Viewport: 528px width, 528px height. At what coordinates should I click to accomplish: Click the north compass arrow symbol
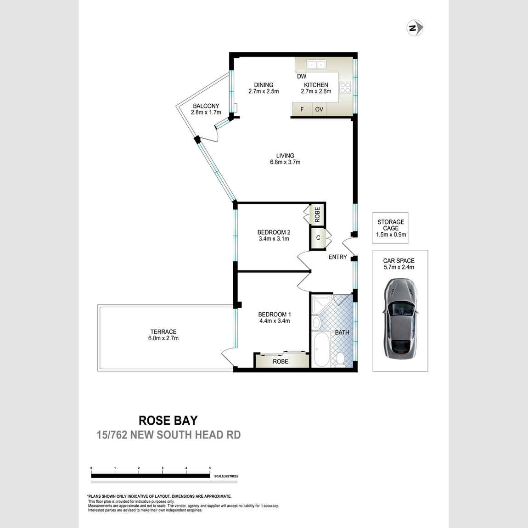click(x=415, y=28)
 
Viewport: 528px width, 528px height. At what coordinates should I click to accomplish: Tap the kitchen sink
click(x=316, y=65)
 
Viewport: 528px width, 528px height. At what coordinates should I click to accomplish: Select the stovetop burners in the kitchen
click(x=345, y=88)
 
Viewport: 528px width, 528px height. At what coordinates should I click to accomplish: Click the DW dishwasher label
click(x=301, y=76)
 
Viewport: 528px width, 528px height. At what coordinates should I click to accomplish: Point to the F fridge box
click(x=302, y=110)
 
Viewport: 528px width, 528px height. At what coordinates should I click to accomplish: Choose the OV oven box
click(x=319, y=110)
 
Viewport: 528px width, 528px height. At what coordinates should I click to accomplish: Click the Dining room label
click(x=264, y=85)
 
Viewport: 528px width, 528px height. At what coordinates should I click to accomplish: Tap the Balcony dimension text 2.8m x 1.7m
click(x=206, y=112)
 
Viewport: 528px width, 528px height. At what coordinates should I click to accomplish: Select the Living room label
click(x=285, y=156)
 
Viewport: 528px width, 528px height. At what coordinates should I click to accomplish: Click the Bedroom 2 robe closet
click(x=317, y=214)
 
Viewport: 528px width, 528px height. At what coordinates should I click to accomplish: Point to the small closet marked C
click(x=318, y=238)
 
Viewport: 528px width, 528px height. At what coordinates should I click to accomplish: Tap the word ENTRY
click(x=337, y=257)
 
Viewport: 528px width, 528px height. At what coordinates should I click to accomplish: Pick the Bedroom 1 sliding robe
click(x=281, y=361)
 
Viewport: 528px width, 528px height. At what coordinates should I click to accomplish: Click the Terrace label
click(x=163, y=331)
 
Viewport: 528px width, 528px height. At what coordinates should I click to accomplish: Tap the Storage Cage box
click(x=391, y=228)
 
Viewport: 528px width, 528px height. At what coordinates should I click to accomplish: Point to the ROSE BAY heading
click(x=168, y=421)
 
